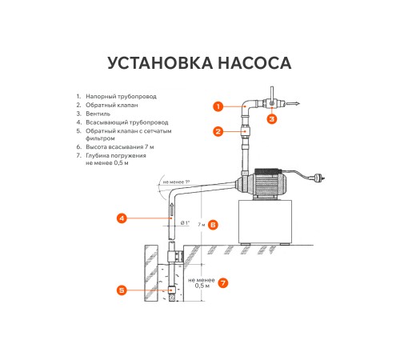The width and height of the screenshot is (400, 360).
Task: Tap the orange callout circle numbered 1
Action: [217, 105]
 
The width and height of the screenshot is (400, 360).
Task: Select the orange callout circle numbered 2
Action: [217, 130]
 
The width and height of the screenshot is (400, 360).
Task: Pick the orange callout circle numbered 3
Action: [272, 118]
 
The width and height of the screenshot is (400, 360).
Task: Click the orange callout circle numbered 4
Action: [121, 217]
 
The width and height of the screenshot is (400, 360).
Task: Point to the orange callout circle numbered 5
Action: [121, 290]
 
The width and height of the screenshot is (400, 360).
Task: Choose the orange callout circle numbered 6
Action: [213, 225]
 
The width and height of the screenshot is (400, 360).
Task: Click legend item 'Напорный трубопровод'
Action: [121, 96]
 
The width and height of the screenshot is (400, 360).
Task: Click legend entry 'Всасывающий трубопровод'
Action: [125, 122]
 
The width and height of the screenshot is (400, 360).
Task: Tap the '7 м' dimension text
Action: [200, 225]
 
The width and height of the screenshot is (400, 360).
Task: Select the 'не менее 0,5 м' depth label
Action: [202, 282]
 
